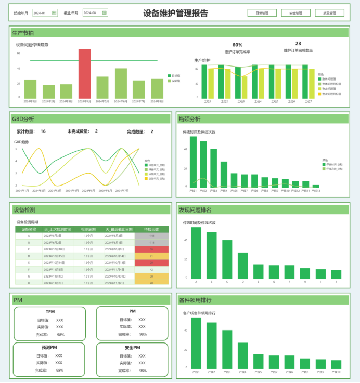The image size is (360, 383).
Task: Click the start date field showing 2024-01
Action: (42, 12)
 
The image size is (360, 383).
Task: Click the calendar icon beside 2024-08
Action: (105, 12)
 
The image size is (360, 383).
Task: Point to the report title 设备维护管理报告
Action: (175, 13)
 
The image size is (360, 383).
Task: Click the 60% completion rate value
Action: (237, 45)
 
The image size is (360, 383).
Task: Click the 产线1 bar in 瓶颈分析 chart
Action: (193, 161)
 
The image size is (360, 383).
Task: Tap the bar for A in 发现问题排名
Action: (196, 253)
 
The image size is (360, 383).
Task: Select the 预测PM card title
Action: (49, 347)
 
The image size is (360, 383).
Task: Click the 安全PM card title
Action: (132, 347)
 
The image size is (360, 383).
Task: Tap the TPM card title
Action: (50, 311)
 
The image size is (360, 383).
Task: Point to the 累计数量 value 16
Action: (43, 131)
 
